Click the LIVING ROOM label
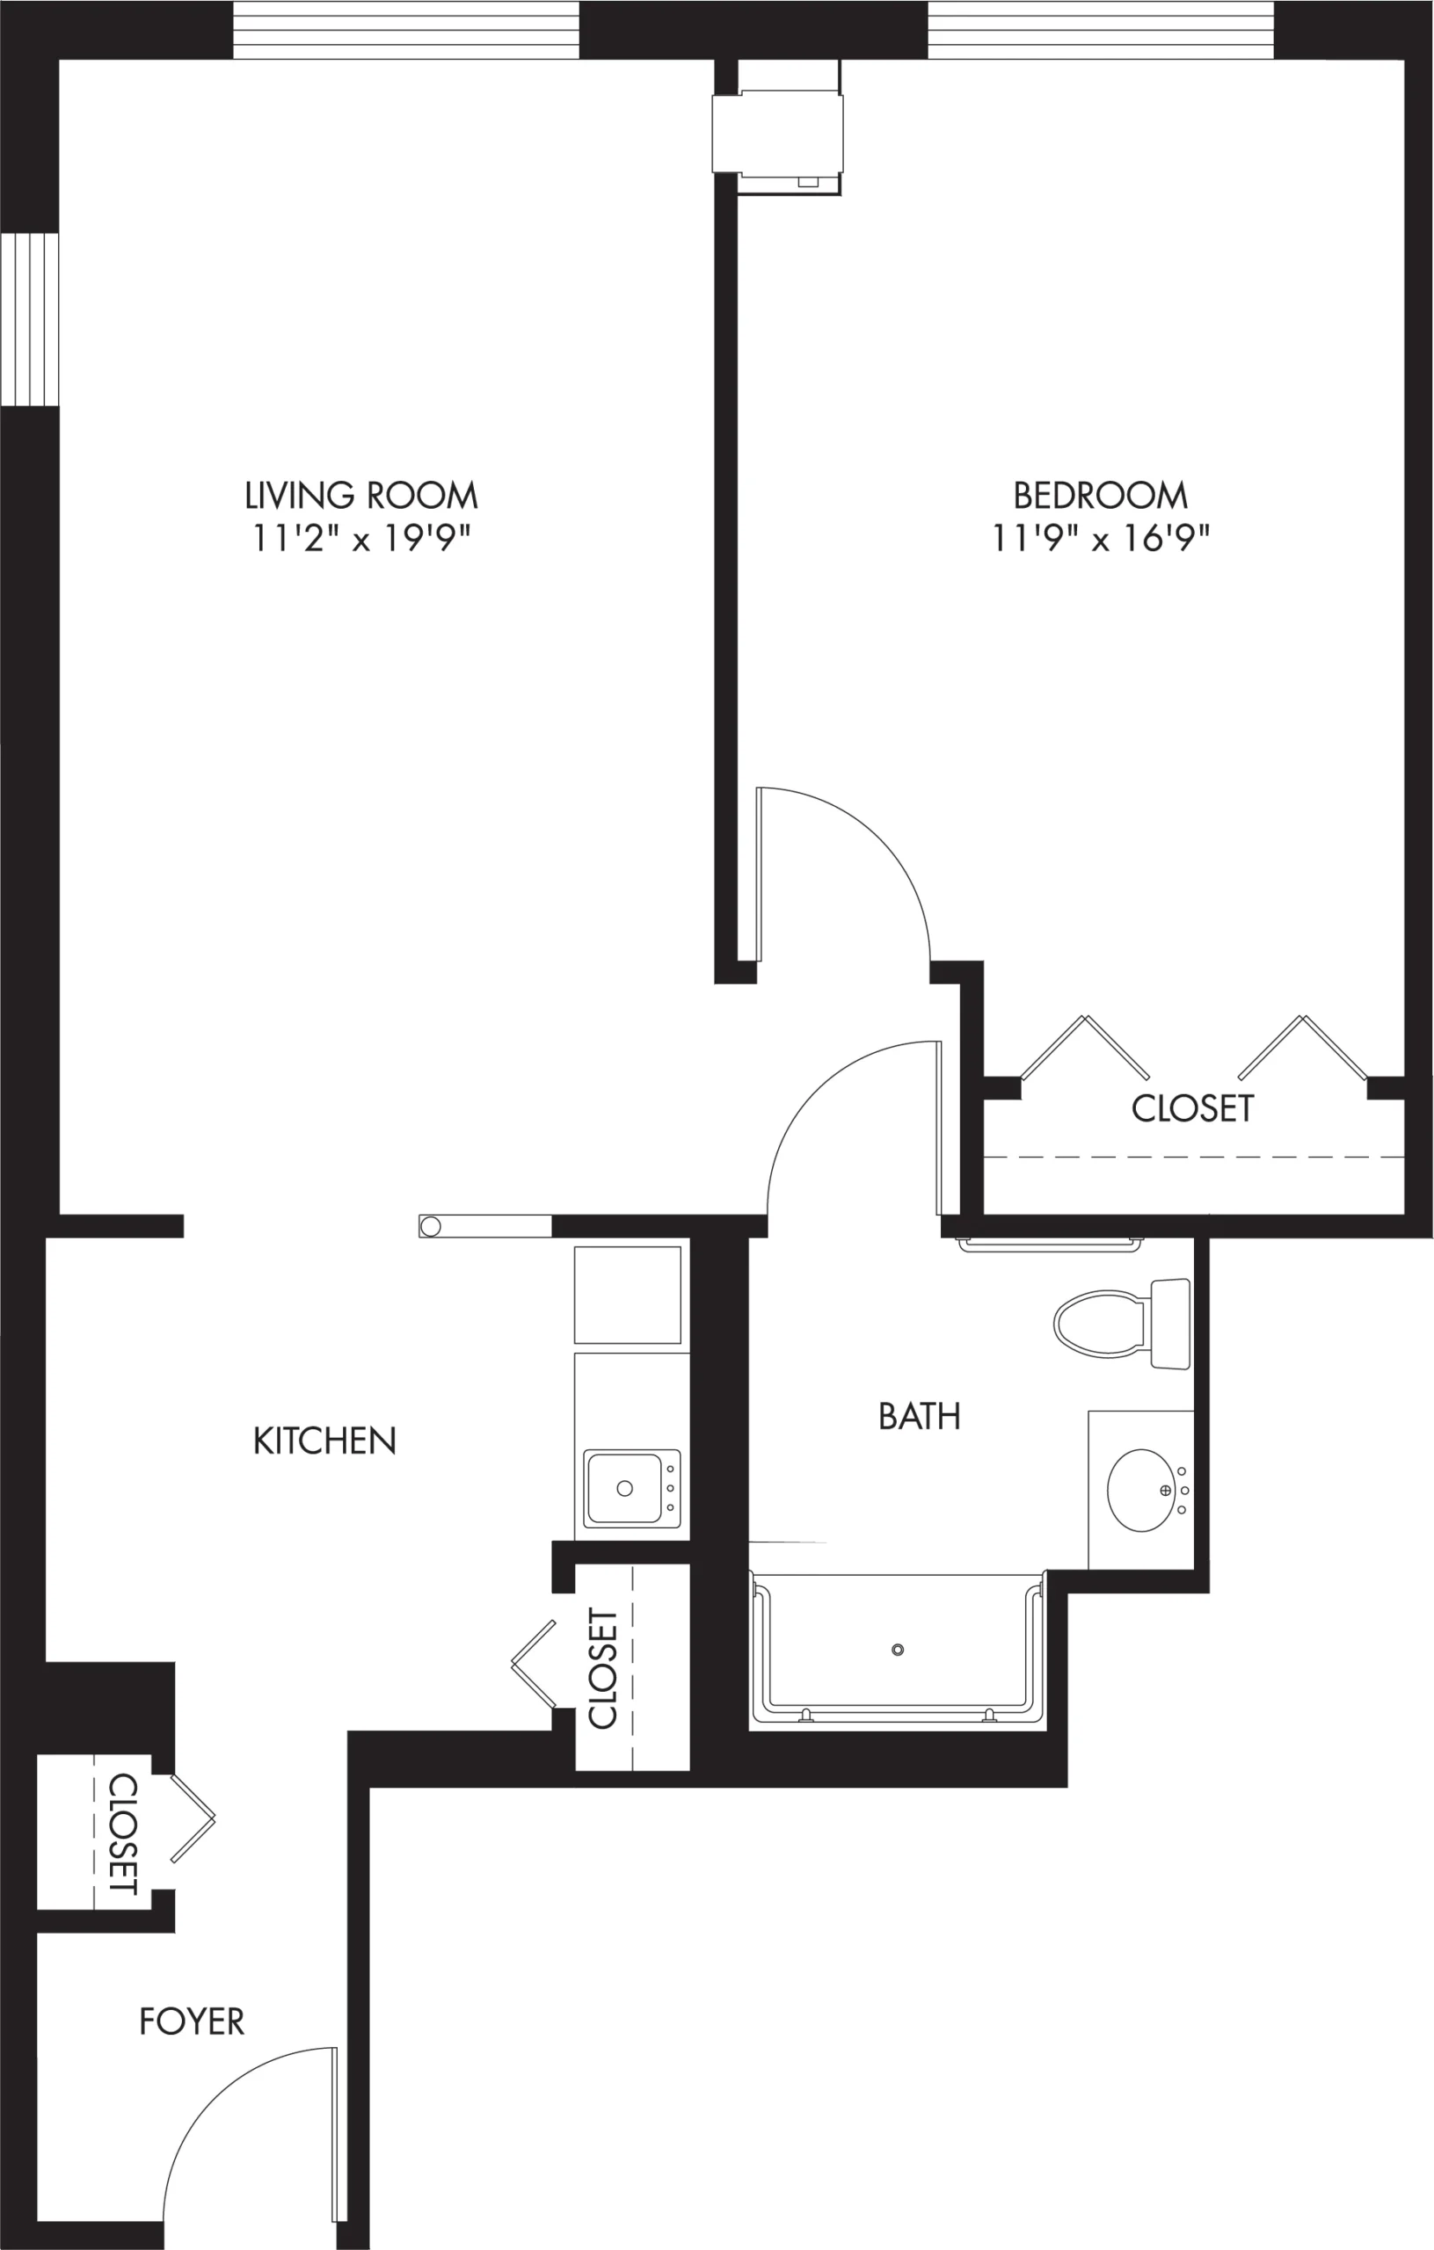tap(360, 495)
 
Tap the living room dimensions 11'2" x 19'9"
tap(360, 539)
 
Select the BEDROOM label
tap(1100, 495)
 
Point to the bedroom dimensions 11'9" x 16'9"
tap(1100, 539)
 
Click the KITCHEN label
tap(324, 1441)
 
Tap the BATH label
tap(919, 1417)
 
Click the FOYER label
tap(192, 2022)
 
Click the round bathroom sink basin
tap(1140, 1491)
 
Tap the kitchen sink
tap(632, 1489)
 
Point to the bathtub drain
tap(898, 1650)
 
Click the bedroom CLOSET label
tap(1192, 1108)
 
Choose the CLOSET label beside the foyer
tap(123, 1834)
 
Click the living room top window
tap(405, 30)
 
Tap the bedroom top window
tap(1101, 30)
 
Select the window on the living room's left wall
tap(30, 320)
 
